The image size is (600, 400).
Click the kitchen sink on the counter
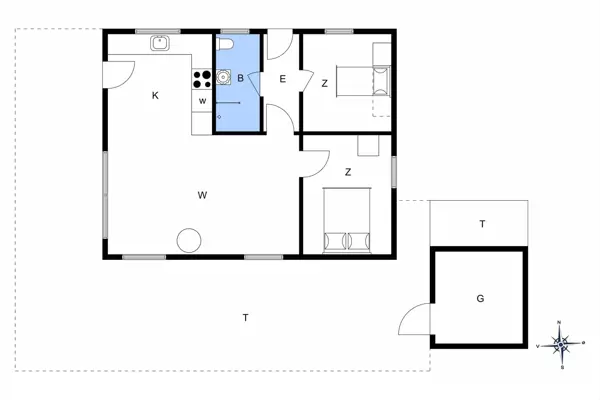159,43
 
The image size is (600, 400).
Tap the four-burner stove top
201,76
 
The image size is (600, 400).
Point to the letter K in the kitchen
155,96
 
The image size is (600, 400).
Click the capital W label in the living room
202,193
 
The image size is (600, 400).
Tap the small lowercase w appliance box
202,101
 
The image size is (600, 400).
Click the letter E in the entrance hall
283,80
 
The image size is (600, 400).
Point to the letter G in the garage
480,298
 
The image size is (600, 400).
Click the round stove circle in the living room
189,241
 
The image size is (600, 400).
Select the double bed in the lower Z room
347,220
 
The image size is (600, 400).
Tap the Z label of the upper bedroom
325,84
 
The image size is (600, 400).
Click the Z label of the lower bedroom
348,172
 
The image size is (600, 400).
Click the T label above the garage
482,224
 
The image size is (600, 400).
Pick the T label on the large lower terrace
245,317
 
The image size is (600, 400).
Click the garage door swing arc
413,320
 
